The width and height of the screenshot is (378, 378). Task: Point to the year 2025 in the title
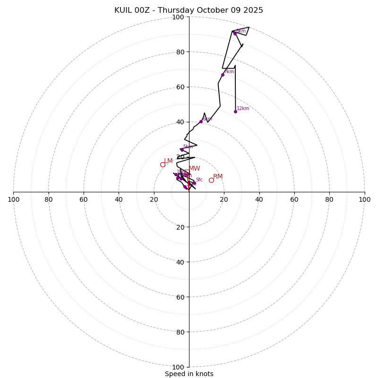(253, 10)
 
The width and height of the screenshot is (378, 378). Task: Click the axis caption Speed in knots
(189, 374)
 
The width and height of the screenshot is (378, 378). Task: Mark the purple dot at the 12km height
(235, 112)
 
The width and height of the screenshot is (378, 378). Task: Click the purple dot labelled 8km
(235, 34)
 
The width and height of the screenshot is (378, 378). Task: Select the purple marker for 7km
(223, 75)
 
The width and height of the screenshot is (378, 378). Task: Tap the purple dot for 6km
(201, 121)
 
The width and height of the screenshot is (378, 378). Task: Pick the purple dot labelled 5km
(181, 150)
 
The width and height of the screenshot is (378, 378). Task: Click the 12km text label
(243, 109)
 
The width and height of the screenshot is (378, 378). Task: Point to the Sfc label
(199, 180)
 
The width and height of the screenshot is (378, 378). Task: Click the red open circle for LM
(163, 164)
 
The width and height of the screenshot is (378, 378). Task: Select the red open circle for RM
(211, 180)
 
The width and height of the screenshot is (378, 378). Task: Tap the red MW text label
(194, 169)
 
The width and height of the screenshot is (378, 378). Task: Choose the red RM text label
(218, 177)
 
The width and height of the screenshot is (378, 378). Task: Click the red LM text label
(168, 161)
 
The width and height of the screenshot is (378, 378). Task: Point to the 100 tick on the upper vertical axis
(178, 17)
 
